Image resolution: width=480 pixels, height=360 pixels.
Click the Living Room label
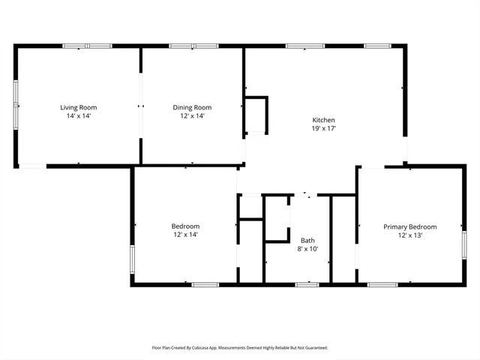click(79, 107)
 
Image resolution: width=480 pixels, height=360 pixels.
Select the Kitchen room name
click(324, 120)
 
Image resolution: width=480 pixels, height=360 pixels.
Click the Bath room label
click(307, 240)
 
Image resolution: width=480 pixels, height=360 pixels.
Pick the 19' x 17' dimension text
click(324, 129)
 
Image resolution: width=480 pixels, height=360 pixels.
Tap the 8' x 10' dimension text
click(307, 249)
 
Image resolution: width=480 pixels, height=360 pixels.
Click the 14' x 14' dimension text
click(79, 116)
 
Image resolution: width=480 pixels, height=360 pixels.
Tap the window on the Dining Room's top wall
click(193, 46)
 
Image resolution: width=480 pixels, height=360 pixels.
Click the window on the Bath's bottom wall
click(307, 284)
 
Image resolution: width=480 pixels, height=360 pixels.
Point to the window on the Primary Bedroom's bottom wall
click(382, 284)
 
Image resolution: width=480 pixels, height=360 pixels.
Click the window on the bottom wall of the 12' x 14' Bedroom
click(205, 284)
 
